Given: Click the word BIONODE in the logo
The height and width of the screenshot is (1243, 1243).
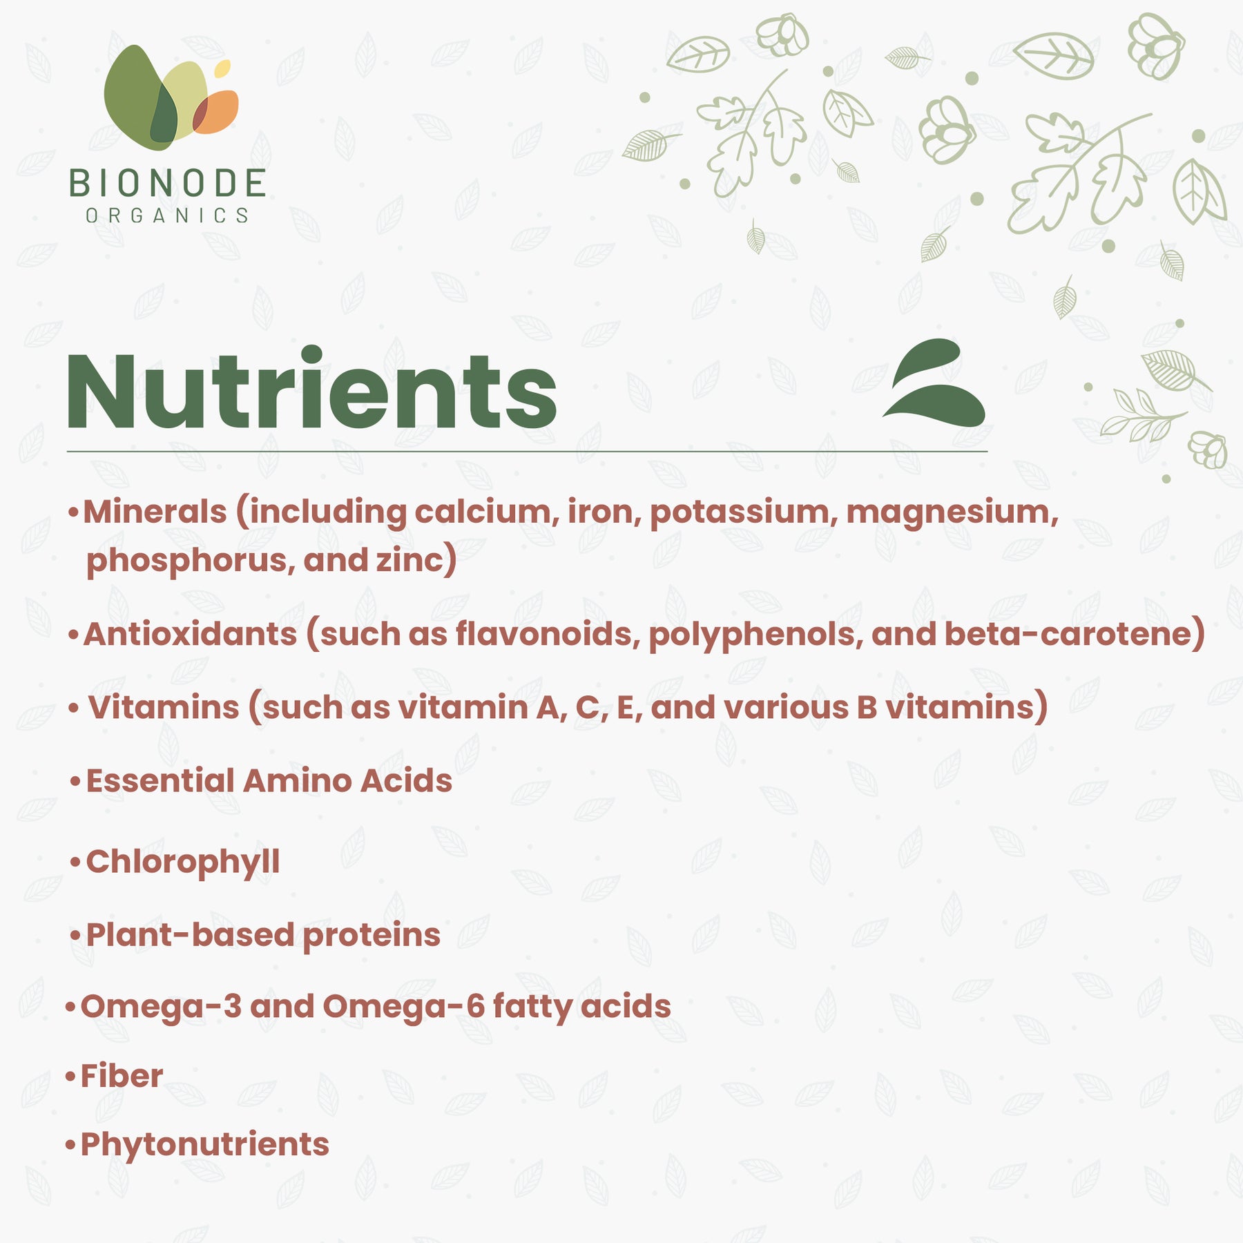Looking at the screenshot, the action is pyautogui.click(x=167, y=184).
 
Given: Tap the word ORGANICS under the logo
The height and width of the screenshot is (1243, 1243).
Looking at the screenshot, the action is pyautogui.click(x=167, y=216).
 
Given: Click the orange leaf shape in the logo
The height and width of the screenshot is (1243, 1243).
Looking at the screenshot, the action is pyautogui.click(x=217, y=112).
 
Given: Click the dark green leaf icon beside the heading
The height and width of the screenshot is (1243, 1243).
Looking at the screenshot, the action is pyautogui.click(x=934, y=383).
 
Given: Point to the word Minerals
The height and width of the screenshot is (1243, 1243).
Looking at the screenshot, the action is pyautogui.click(x=155, y=512).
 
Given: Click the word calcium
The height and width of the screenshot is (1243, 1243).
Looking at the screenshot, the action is pyautogui.click(x=487, y=512).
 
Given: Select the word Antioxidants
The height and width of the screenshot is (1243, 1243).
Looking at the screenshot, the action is pyautogui.click(x=190, y=634).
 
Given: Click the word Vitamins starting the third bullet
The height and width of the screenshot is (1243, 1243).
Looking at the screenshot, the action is pyautogui.click(x=164, y=707).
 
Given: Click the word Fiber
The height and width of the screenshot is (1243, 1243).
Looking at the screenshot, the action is pyautogui.click(x=122, y=1076).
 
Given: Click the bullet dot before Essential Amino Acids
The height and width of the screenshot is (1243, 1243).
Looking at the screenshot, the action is pyautogui.click(x=76, y=782).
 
